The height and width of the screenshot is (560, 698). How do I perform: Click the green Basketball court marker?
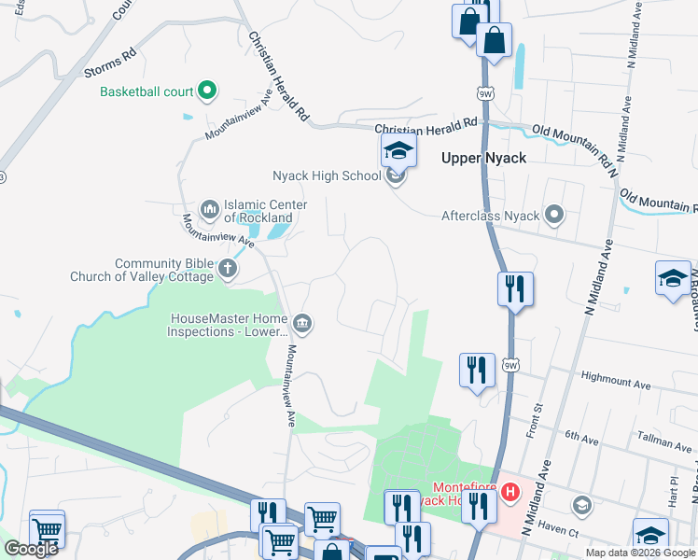click(207, 91)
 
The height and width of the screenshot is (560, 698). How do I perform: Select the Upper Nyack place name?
click(483, 158)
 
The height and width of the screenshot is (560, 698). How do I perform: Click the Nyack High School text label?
click(327, 175)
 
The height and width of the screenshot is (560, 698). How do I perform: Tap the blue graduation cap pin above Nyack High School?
click(398, 150)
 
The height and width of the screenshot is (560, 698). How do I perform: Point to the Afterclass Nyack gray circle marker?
click(554, 216)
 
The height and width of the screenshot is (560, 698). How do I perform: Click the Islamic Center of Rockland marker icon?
click(208, 209)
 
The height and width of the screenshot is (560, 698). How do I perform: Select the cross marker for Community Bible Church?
click(227, 270)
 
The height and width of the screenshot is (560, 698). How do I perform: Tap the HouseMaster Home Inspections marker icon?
click(301, 324)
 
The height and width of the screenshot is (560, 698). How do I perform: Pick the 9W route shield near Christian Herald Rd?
click(483, 94)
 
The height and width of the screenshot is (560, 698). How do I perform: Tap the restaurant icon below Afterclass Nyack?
click(513, 289)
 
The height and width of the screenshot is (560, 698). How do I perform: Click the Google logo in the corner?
click(32, 549)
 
